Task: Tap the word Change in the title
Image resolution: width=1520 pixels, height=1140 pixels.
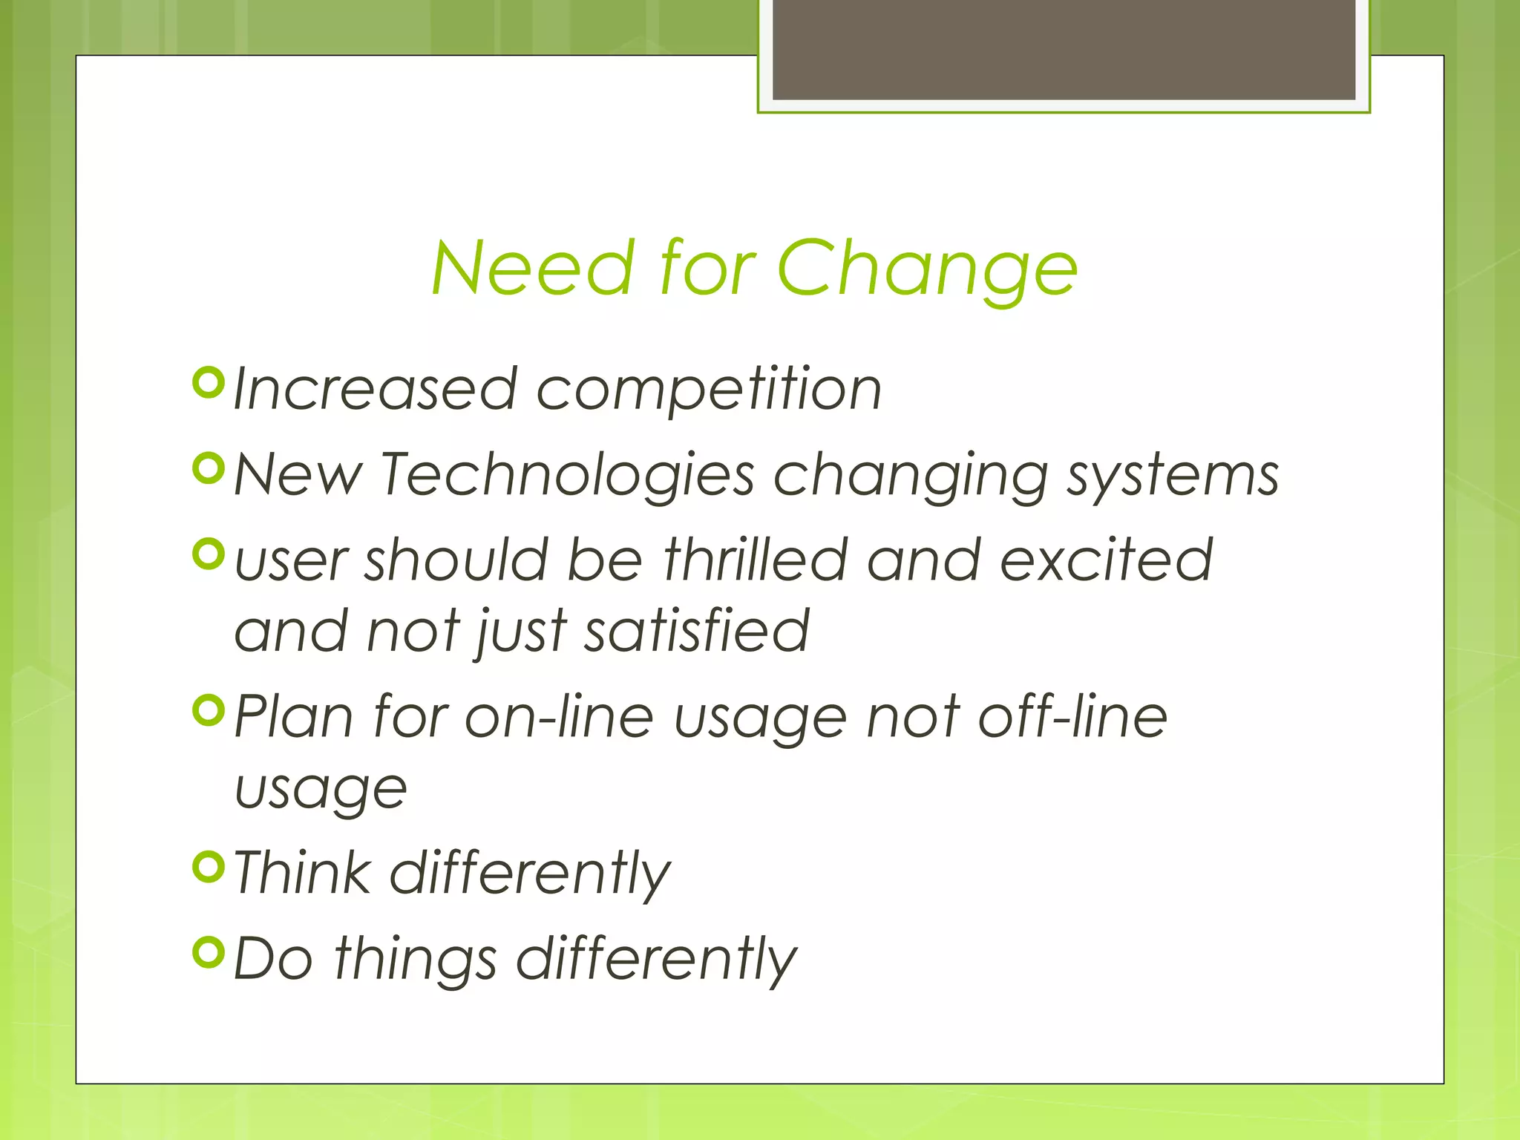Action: [926, 269]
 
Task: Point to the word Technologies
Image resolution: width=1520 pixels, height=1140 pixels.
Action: [568, 474]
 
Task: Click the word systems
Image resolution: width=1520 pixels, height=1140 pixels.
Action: [1173, 474]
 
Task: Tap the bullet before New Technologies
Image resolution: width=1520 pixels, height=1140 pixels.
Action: [208, 468]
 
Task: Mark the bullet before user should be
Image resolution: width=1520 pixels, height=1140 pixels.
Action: [208, 554]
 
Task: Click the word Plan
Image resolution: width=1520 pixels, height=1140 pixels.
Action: [294, 717]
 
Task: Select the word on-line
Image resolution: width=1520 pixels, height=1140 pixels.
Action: [559, 717]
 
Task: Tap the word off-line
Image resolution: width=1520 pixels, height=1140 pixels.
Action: [1072, 717]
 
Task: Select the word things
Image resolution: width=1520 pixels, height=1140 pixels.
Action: [415, 959]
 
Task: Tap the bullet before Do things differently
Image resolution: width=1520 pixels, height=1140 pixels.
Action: [208, 952]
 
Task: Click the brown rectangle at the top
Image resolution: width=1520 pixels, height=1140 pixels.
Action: [1064, 49]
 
